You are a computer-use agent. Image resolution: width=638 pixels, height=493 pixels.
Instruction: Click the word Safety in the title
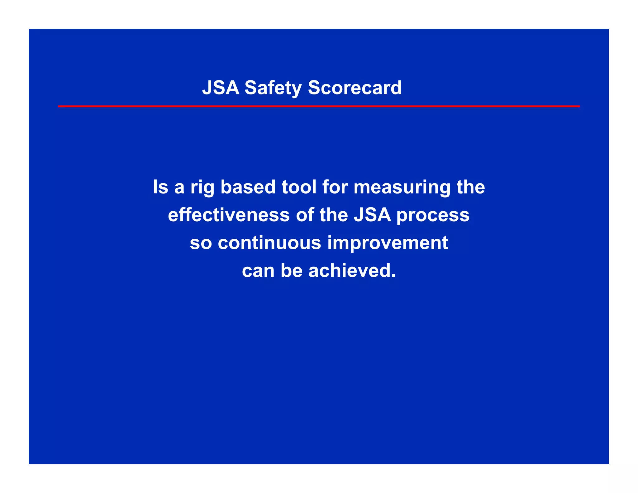coord(273,88)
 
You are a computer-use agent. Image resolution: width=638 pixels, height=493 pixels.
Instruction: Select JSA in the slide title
coord(221,88)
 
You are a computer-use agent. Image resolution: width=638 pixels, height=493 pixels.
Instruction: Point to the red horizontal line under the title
coord(319,106)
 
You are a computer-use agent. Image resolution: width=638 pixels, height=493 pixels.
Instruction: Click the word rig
coord(202,188)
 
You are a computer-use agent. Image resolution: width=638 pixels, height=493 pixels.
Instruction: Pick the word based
coord(248,187)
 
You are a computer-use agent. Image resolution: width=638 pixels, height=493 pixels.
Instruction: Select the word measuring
coord(402,188)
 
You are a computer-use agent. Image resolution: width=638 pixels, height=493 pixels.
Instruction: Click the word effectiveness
coord(229,215)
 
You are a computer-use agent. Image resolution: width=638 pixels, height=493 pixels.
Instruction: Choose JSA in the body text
coord(372,215)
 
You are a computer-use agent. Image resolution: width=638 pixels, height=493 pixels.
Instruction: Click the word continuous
coord(269,243)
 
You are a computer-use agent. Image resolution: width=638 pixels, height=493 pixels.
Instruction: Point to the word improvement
coord(388,243)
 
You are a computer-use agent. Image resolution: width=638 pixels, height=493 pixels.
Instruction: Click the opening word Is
coord(160,187)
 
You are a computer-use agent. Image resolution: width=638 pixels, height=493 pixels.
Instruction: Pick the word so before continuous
coord(201,243)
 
